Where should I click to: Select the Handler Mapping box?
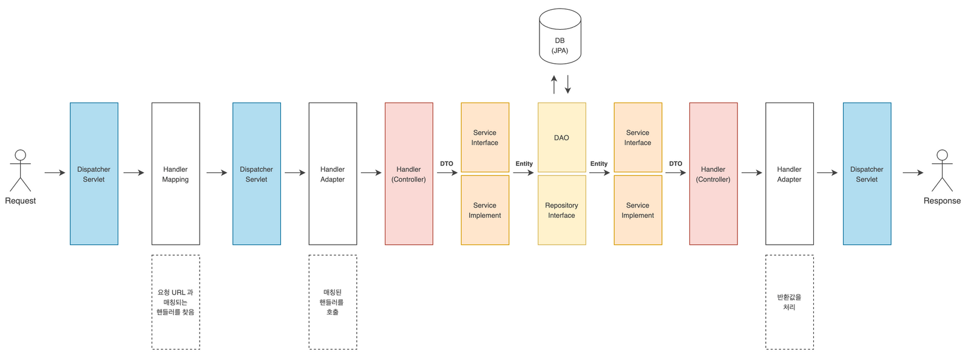coord(175,174)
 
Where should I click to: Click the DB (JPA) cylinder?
coord(560,36)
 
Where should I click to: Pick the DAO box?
coord(562,137)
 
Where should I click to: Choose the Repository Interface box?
coord(562,211)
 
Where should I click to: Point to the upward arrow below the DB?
coord(554,84)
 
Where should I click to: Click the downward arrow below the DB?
coord(567,84)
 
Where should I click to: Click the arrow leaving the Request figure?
coord(55,172)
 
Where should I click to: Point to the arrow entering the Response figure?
coord(913,172)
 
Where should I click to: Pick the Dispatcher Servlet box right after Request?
coord(94,174)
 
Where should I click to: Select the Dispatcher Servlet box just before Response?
coord(867,174)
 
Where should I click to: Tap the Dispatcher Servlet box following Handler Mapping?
coord(257,174)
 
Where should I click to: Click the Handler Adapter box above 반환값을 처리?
coord(790,174)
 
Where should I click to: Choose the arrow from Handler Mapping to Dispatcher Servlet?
coord(217,172)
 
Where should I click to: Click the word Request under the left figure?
coord(21,201)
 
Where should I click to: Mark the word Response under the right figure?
coord(942,201)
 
